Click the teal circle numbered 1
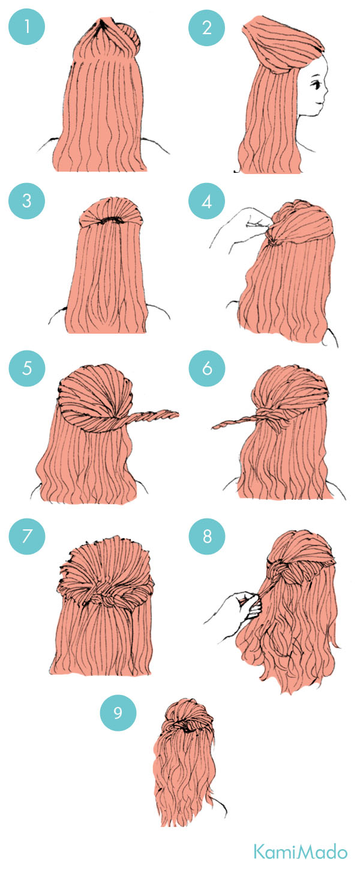pos(26,26)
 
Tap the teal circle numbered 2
pos(206,26)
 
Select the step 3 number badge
pos(26,201)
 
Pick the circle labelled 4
pos(206,201)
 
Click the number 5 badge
pos(26,368)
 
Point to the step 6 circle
pos(206,368)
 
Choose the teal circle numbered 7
pos(26,536)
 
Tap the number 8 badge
pos(206,536)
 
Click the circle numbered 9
pos(118,712)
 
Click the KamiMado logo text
pos(300,852)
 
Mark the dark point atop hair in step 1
pos(100,24)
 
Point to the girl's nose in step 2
pos(326,93)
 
